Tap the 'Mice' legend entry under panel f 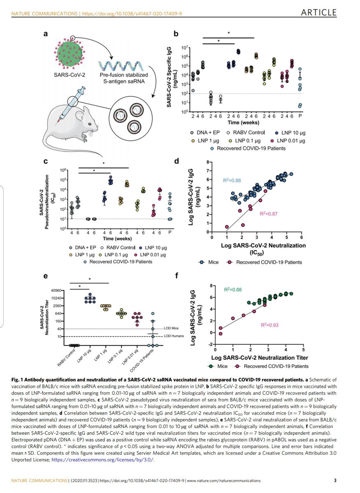coord(220,366)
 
